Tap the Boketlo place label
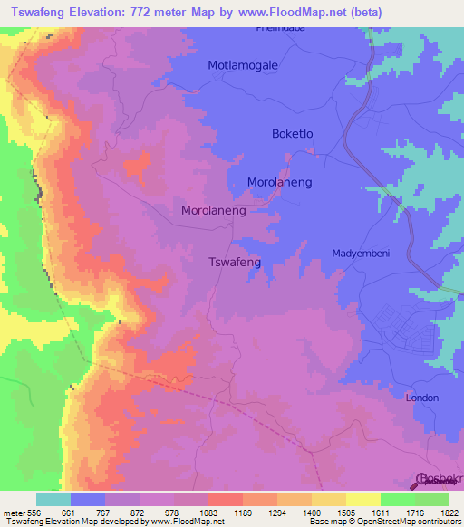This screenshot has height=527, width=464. pyautogui.click(x=293, y=133)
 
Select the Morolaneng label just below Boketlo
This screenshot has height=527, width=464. pyautogui.click(x=279, y=182)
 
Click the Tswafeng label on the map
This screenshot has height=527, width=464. pyautogui.click(x=235, y=262)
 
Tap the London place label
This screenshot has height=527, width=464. pyautogui.click(x=421, y=398)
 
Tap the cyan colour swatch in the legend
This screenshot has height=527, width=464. pyautogui.click(x=53, y=499)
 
